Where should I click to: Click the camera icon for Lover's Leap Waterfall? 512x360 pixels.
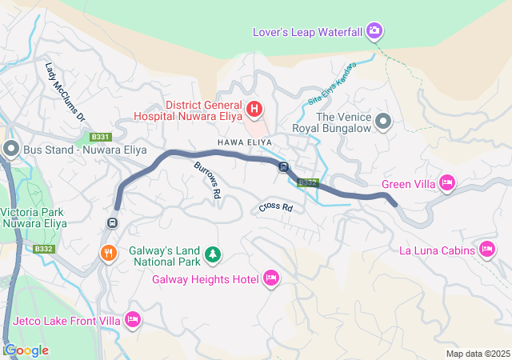(374, 32)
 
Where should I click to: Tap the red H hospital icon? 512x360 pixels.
(254, 108)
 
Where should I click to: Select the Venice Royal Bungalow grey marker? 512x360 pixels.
(383, 122)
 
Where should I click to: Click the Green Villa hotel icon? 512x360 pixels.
(447, 184)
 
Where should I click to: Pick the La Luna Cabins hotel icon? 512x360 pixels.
(487, 250)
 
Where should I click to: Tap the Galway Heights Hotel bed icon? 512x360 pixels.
(270, 278)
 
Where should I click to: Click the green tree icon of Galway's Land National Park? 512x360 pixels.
(212, 254)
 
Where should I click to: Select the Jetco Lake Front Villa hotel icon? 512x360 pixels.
(133, 320)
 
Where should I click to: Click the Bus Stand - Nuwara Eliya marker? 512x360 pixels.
(11, 148)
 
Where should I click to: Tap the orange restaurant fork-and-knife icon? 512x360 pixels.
(109, 253)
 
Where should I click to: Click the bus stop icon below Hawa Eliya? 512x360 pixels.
(283, 166)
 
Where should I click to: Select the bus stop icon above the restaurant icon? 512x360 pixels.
(113, 222)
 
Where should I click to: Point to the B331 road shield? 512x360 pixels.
(100, 137)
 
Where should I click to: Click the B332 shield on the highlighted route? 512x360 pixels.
(308, 183)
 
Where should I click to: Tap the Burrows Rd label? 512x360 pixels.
(207, 179)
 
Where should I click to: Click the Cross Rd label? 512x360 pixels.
(275, 208)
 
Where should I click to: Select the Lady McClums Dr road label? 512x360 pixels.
(66, 93)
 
